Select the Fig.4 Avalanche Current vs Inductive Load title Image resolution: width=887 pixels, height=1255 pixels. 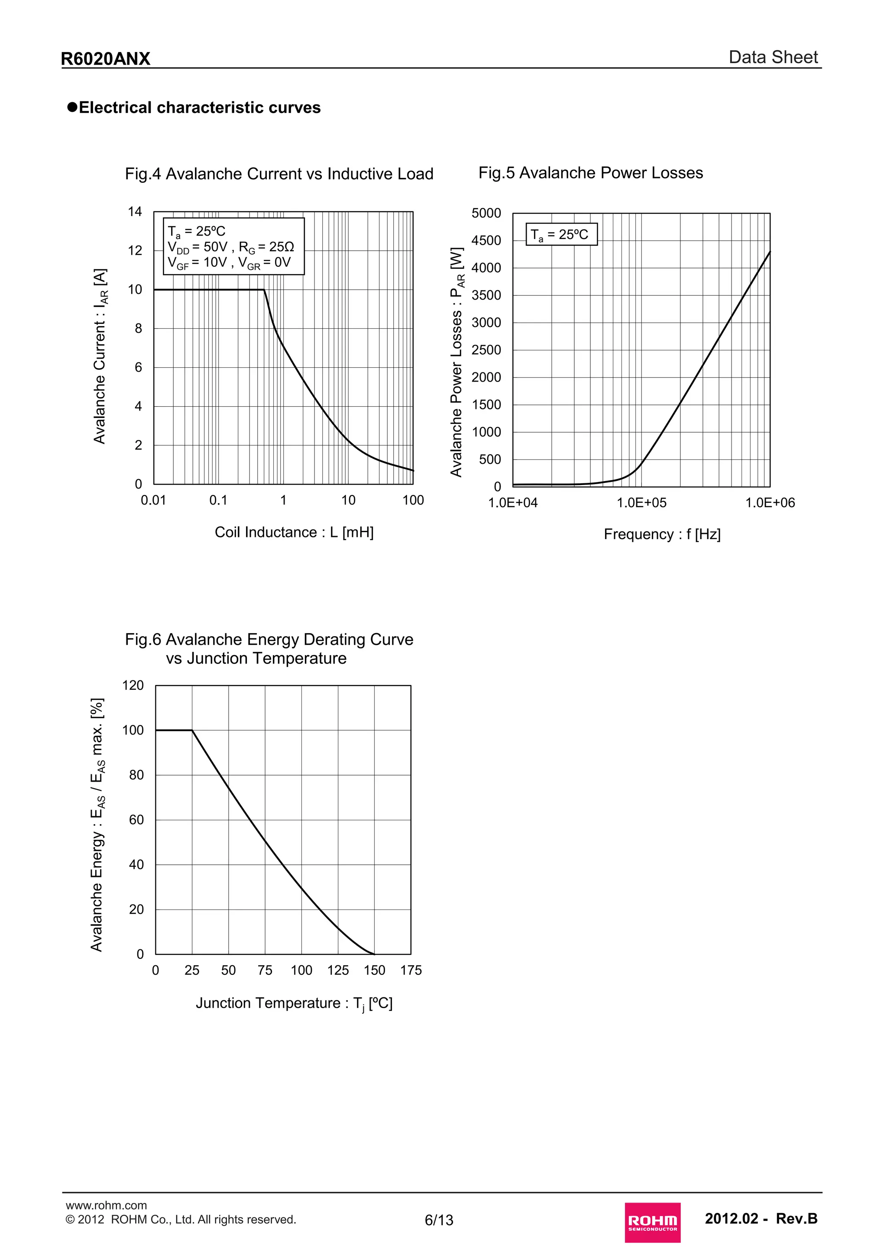point(279,174)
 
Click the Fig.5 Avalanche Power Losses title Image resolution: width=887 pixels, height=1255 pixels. point(590,173)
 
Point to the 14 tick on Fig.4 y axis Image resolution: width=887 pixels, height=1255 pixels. point(135,211)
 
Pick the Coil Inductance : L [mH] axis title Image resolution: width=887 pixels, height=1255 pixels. point(294,532)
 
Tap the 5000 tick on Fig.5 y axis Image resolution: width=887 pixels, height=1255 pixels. point(486,213)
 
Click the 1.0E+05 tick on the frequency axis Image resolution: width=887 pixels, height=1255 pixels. point(641,503)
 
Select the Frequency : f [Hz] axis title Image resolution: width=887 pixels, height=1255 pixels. point(662,534)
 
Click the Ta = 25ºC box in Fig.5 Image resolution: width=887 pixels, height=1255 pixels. point(561,234)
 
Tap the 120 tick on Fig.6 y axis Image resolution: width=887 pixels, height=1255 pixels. point(133,686)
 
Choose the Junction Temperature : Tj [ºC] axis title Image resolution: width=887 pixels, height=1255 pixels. point(294,1003)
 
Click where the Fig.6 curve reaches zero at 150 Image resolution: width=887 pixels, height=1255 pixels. point(374,954)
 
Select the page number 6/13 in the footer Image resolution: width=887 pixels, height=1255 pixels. point(439,1220)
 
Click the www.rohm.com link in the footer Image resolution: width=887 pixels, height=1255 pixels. point(106,1205)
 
